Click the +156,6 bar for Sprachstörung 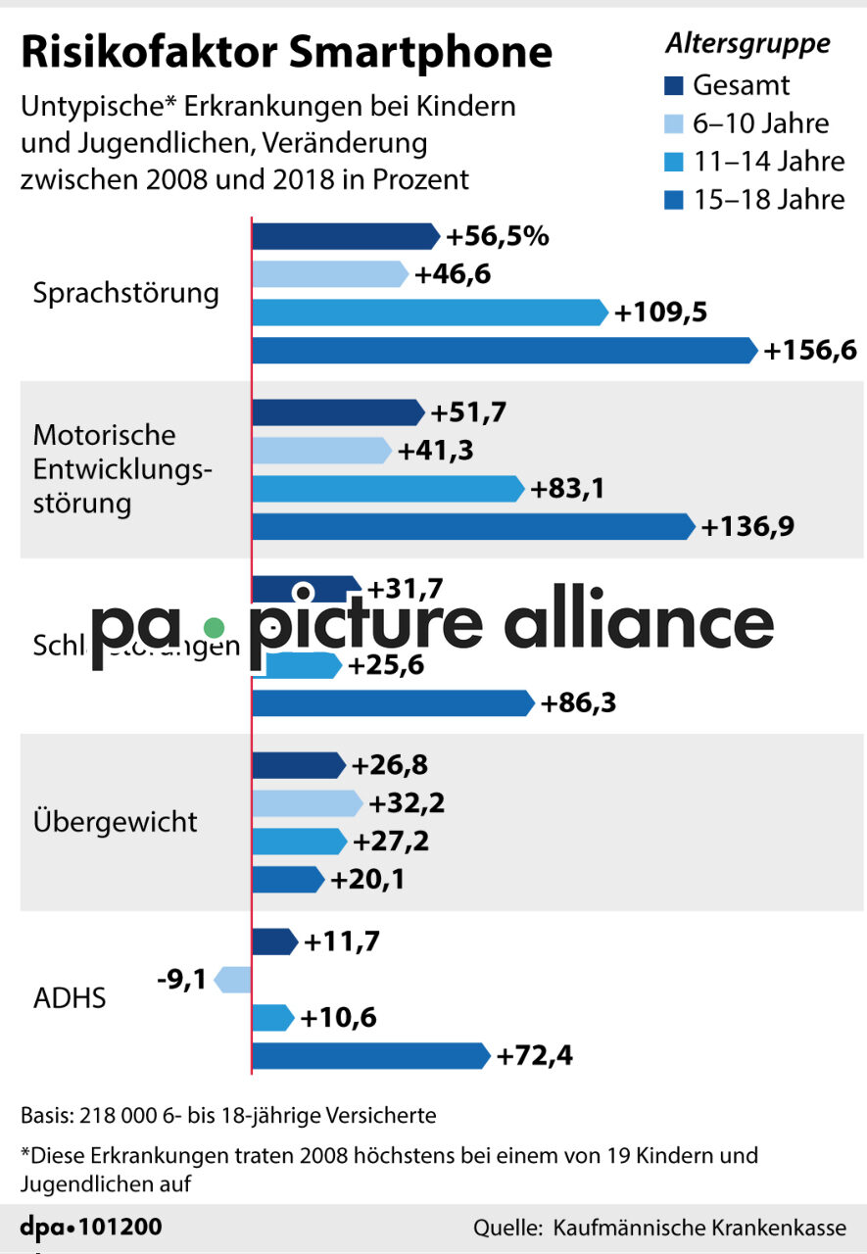pos(505,350)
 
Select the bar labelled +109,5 pos(430,313)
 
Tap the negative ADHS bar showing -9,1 pos(233,979)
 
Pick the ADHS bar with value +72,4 pos(370,1056)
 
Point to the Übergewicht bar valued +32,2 pos(307,803)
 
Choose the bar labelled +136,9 pos(473,526)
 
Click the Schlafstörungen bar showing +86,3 pos(393,703)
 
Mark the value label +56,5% pos(498,236)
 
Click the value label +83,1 pos(566,488)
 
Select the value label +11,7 pos(342,941)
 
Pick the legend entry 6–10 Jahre pos(760,123)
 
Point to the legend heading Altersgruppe pos(747,44)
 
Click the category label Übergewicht pos(116,821)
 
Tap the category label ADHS pos(70,999)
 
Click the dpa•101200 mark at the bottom pos(91,1227)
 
